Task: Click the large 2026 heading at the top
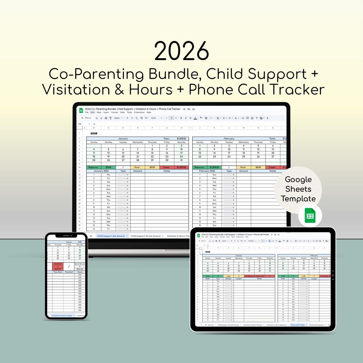[182, 51]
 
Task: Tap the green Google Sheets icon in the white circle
[310, 215]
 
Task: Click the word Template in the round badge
[298, 199]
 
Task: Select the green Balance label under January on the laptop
[94, 167]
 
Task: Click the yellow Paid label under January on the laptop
[137, 167]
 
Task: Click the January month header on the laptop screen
[123, 138]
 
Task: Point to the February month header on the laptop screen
[229, 138]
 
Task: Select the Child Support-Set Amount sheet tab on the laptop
[111, 236]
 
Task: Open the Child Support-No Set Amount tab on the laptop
[146, 236]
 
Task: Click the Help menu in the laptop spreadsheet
[149, 112]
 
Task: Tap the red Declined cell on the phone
[57, 264]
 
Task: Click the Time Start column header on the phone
[57, 272]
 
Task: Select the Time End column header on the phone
[69, 272]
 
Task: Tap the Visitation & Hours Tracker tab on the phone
[62, 316]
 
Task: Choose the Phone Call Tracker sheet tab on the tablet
[298, 325]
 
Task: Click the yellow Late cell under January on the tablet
[229, 276]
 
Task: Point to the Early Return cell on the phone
[80, 264]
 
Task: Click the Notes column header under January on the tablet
[259, 279]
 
